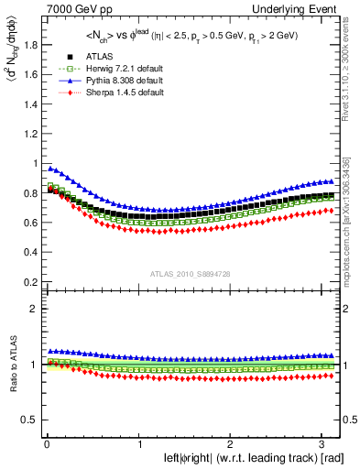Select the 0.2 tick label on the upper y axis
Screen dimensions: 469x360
(26, 281)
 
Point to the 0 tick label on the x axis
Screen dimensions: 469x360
(45, 443)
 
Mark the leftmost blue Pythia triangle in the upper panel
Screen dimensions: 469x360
(49, 168)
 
